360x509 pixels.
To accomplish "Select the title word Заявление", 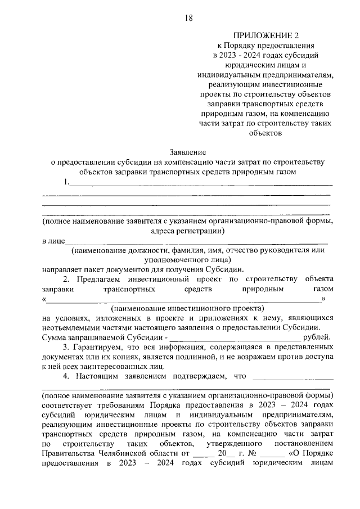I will (188, 152).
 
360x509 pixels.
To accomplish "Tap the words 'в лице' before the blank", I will (54, 241).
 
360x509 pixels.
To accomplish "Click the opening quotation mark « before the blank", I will (44, 299).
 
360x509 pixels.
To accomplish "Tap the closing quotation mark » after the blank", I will (323, 299).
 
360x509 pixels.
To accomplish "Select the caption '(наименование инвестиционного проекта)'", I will (187, 308).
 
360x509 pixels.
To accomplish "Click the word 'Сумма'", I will (55, 337).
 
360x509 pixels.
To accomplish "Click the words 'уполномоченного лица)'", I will (188, 259).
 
